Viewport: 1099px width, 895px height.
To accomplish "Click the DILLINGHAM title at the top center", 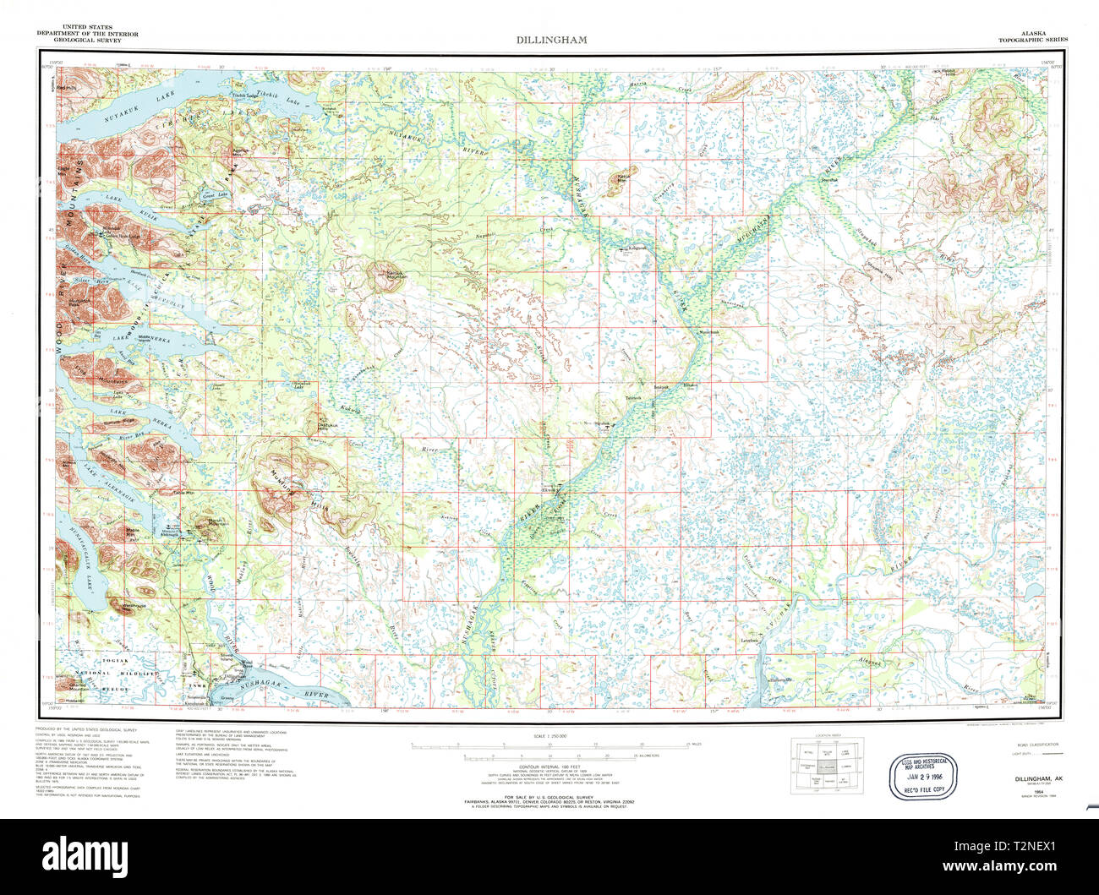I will pyautogui.click(x=552, y=40).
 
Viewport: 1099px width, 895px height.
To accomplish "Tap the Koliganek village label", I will pyautogui.click(x=636, y=248).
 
